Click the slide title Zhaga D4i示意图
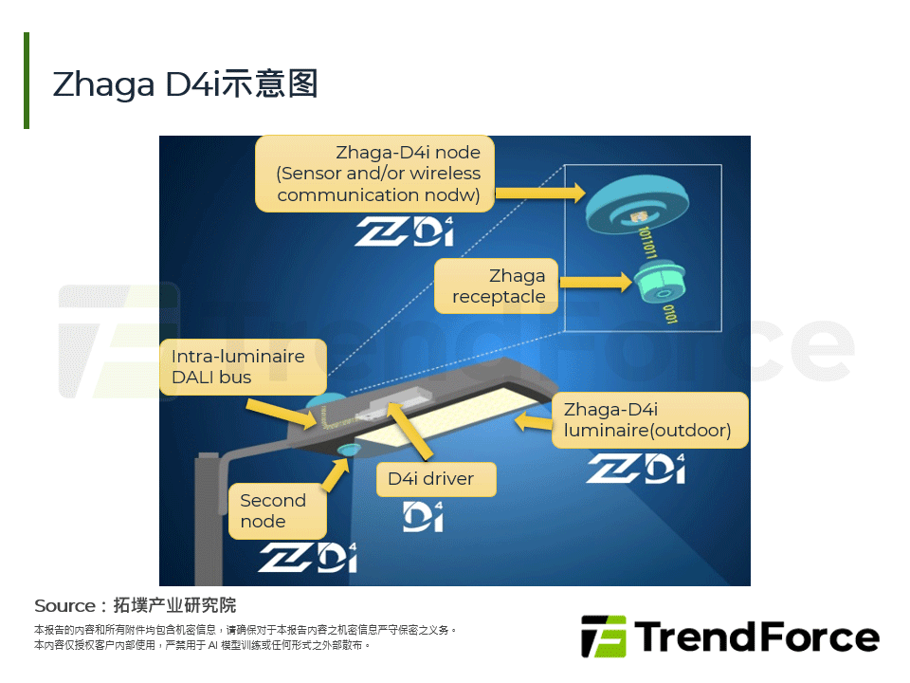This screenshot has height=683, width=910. click(186, 84)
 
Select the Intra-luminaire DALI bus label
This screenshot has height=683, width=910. click(244, 367)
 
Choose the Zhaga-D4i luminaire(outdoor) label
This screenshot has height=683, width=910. click(649, 420)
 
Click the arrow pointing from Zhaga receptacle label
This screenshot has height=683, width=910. click(596, 282)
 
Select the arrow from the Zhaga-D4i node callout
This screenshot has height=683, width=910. click(539, 193)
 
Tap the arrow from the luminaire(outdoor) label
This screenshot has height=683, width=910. click(534, 419)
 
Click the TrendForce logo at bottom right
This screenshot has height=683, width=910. click(730, 637)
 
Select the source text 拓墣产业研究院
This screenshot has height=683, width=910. click(174, 605)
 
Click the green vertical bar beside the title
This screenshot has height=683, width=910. click(27, 81)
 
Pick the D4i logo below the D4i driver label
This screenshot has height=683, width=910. click(425, 517)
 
